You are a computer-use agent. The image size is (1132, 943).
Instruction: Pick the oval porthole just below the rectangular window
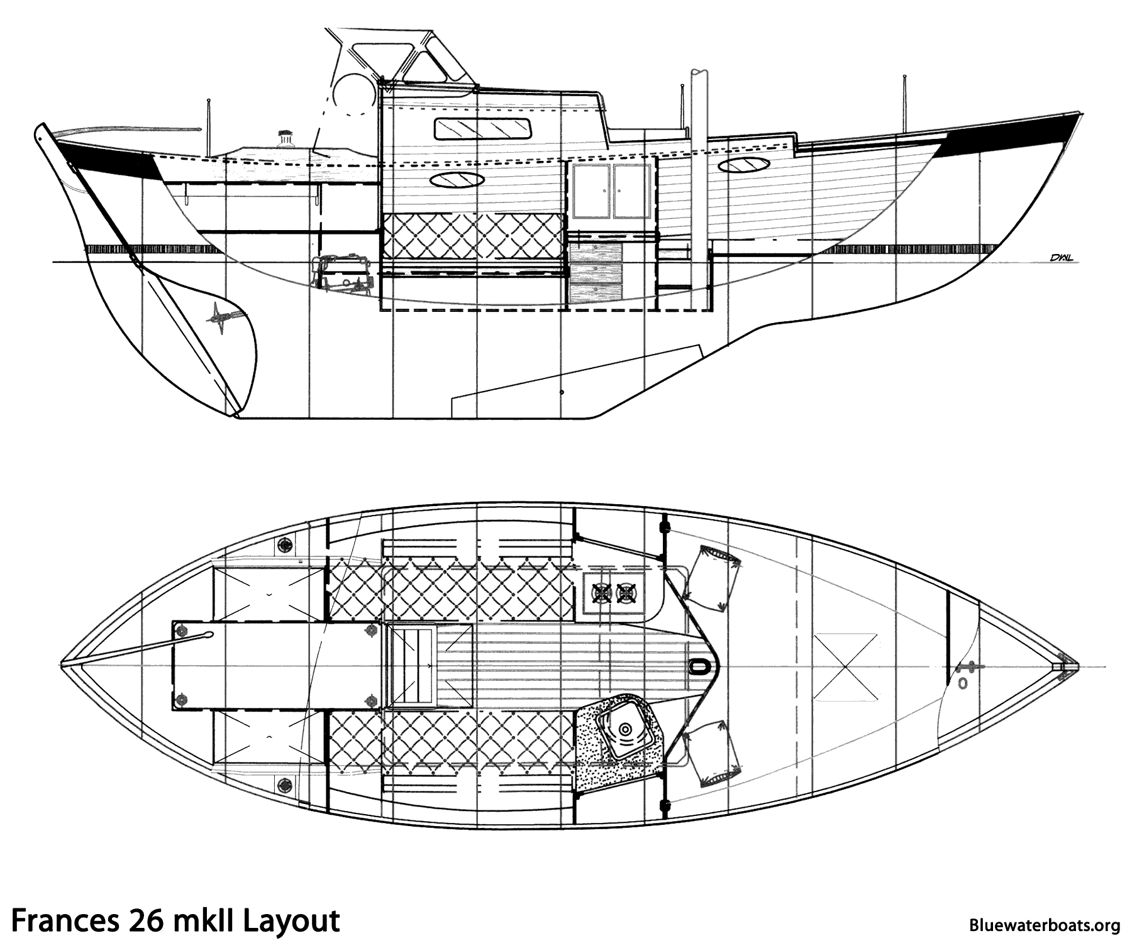(457, 180)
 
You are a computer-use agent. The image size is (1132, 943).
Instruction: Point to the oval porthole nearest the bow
(745, 166)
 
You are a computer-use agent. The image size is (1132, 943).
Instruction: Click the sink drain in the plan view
(625, 730)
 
